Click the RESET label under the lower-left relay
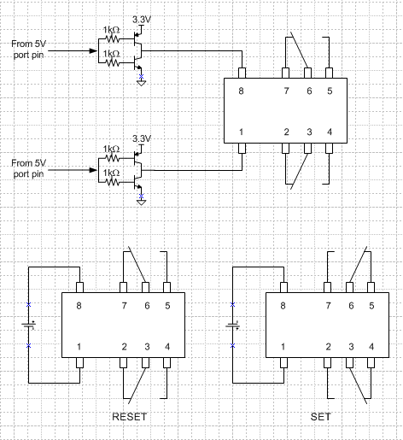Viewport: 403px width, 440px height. [129, 417]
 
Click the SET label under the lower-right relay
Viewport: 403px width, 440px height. [320, 417]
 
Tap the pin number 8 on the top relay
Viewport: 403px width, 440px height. [241, 91]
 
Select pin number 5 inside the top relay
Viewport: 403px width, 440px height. [330, 91]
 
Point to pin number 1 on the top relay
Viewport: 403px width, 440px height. [241, 132]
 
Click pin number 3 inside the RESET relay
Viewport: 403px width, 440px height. [147, 347]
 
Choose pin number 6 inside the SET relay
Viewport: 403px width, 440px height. [351, 306]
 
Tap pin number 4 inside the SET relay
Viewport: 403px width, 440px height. [371, 347]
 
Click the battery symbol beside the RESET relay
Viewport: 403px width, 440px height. [29, 325]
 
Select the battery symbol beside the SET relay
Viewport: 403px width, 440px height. [233, 325]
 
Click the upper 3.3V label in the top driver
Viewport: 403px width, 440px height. [142, 20]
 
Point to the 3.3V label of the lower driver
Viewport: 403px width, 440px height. [142, 138]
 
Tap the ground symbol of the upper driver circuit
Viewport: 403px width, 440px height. [141, 83]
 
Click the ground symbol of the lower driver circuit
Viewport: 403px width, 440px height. [141, 202]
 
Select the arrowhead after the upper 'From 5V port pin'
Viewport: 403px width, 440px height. [93, 51]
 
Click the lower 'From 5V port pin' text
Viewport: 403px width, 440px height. [28, 168]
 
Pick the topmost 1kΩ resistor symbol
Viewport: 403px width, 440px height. [113, 38]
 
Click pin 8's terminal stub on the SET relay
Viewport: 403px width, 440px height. [283, 287]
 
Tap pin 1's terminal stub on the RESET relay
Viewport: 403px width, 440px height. [80, 363]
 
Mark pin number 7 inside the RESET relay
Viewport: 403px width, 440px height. [124, 306]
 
